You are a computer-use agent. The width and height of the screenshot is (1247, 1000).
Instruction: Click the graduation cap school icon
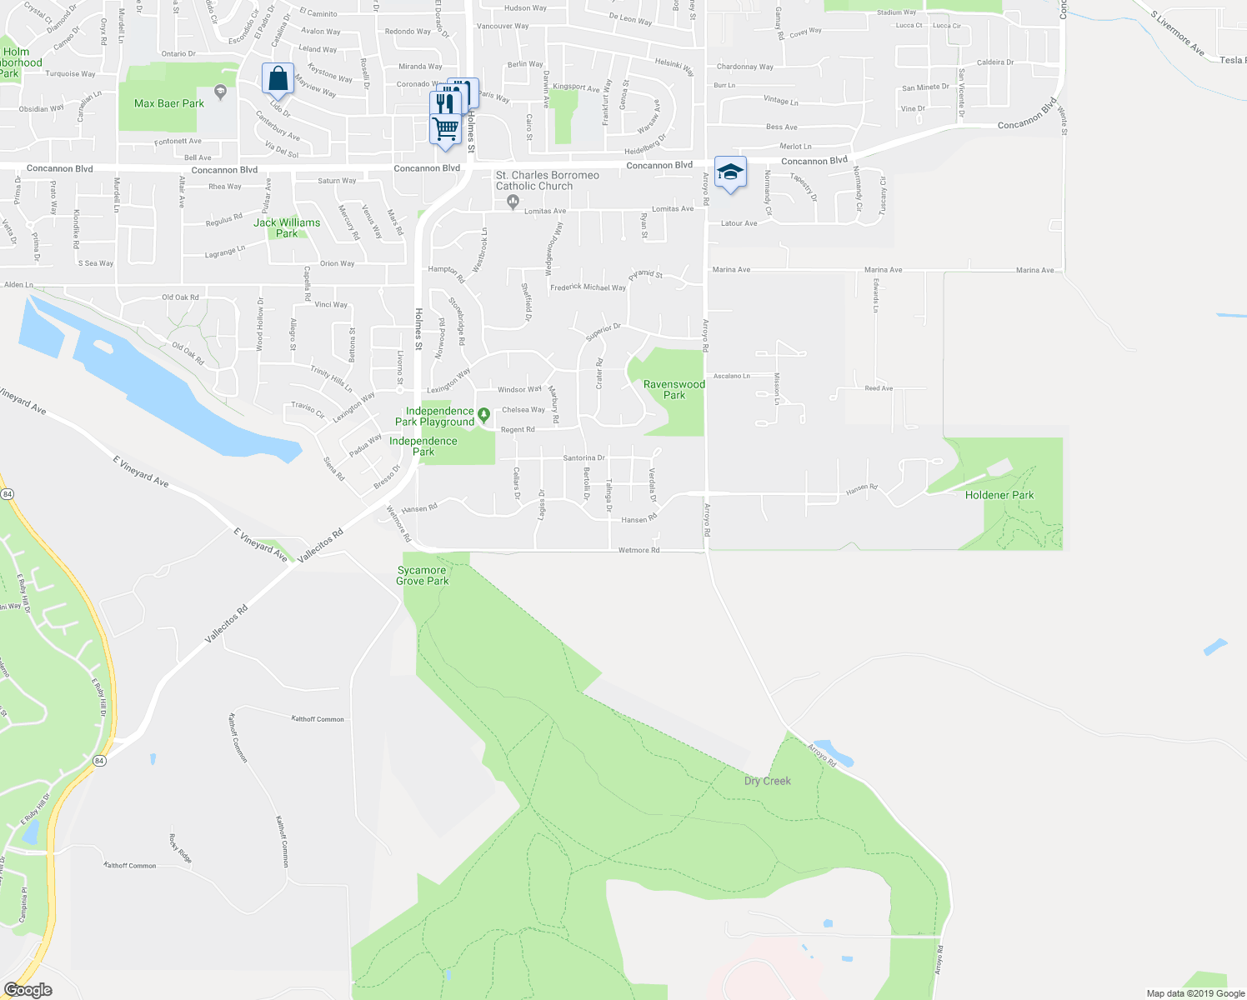[x=730, y=172]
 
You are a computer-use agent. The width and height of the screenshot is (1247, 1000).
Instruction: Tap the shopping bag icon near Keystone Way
[x=278, y=79]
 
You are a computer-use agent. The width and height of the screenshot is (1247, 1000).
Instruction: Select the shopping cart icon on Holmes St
[x=445, y=130]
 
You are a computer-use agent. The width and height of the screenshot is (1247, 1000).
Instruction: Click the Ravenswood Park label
[x=674, y=390]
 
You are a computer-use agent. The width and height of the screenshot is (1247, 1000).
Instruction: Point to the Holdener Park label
[x=999, y=495]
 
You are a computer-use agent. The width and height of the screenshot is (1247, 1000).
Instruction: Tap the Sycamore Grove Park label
[x=422, y=576]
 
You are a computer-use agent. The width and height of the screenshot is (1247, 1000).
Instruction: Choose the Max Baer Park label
[x=169, y=104]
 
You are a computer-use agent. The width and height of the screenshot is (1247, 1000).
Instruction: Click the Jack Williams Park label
[x=287, y=228]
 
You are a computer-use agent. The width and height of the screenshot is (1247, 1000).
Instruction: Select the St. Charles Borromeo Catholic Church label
[x=547, y=181]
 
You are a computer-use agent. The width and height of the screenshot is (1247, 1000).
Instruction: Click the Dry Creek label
[x=767, y=781]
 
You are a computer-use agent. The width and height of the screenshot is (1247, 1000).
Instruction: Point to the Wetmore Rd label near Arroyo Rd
[x=639, y=550]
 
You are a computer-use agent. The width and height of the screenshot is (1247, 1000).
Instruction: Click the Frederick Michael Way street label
[x=588, y=287]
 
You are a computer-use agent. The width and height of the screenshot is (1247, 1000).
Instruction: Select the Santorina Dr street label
[x=583, y=457]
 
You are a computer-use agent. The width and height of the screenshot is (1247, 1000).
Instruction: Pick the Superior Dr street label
[x=603, y=332]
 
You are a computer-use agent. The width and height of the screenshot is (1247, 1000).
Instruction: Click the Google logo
[x=28, y=990]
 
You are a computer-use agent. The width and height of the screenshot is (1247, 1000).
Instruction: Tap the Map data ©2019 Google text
[x=1195, y=993]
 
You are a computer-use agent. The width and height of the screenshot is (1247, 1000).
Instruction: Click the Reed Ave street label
[x=879, y=388]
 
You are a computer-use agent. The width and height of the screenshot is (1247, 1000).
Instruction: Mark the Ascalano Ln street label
[x=731, y=376]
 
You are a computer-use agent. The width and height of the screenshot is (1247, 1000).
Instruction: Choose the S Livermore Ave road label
[x=1177, y=33]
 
